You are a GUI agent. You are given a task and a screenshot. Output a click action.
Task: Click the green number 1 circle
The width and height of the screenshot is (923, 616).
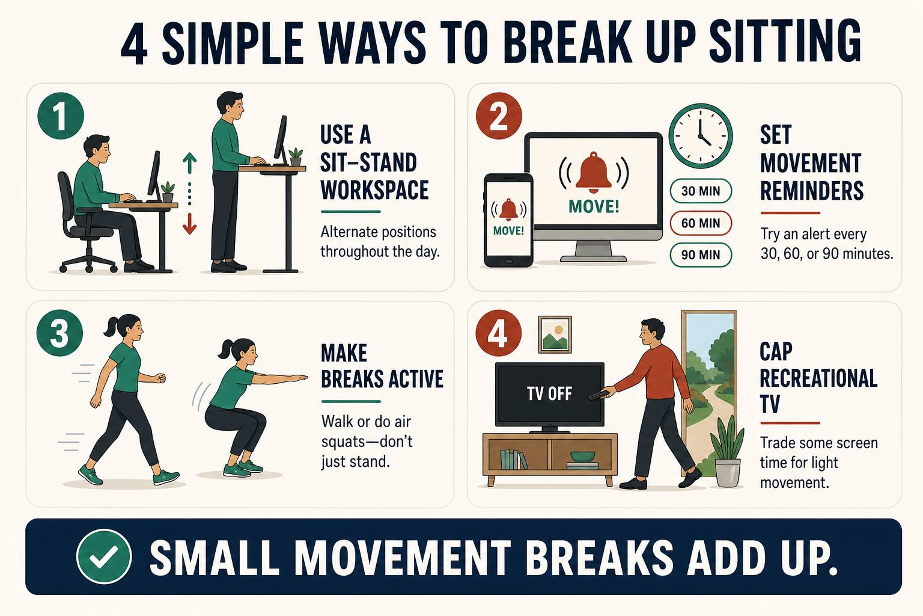click(61, 116)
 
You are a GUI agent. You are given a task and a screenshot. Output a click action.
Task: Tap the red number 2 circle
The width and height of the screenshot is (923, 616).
click(499, 116)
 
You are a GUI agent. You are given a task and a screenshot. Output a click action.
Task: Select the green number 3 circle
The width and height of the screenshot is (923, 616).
click(59, 333)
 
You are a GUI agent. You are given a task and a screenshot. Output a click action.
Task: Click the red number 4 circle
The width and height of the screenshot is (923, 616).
click(498, 333)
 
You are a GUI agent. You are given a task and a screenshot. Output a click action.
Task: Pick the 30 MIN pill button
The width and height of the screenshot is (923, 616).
click(701, 191)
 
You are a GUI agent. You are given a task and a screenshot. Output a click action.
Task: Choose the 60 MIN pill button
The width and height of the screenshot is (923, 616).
click(701, 223)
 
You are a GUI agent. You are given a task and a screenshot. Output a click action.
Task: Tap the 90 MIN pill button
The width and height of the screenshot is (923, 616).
click(701, 255)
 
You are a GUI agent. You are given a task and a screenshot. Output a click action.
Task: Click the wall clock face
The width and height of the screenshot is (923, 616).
click(701, 136)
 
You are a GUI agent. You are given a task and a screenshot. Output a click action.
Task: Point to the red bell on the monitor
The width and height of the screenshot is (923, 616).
click(594, 173)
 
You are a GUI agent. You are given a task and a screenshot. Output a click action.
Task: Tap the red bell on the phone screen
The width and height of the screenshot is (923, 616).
click(508, 210)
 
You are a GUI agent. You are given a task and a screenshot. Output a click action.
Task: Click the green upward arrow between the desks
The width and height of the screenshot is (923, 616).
click(189, 163)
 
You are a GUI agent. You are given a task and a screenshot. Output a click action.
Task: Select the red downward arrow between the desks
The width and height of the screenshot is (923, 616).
click(189, 224)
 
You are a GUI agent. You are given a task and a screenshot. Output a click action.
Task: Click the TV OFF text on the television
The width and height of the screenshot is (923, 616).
click(549, 393)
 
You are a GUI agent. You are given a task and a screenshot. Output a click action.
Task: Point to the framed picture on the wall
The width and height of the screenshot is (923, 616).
click(555, 334)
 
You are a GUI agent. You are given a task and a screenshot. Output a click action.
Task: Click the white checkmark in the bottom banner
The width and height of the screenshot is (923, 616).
click(104, 557)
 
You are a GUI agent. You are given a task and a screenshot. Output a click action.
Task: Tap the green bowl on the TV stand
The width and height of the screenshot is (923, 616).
click(583, 457)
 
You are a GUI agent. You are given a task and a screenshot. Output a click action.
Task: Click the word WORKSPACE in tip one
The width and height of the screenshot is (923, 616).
click(374, 189)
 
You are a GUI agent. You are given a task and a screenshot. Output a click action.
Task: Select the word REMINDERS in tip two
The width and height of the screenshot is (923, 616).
click(812, 190)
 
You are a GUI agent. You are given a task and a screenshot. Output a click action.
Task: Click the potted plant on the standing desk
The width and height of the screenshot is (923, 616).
click(296, 157)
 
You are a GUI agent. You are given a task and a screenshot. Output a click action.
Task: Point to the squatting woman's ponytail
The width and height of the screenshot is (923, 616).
click(225, 351)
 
